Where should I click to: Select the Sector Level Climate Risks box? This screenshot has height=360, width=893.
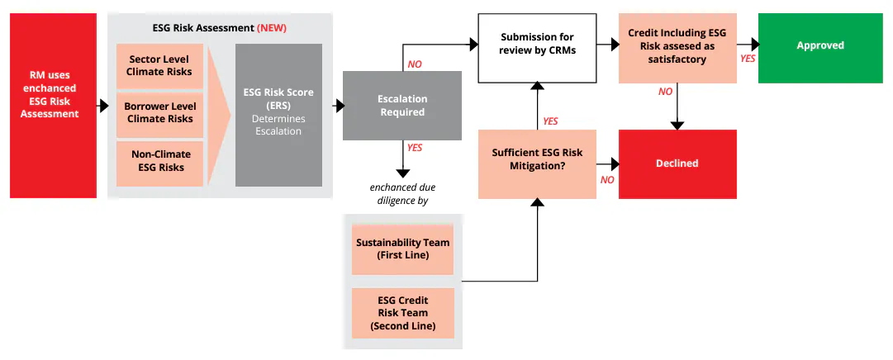coord(159,66)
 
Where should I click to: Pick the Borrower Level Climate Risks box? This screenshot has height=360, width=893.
coord(159,113)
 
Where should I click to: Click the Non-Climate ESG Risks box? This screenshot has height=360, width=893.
coord(159,161)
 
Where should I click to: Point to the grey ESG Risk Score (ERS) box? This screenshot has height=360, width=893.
coord(278,114)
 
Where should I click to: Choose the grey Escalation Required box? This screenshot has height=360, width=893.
coord(401,106)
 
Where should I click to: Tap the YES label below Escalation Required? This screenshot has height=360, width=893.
coord(414,147)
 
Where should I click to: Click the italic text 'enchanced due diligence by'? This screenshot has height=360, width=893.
coord(402,193)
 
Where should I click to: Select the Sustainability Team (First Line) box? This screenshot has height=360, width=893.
coord(402,249)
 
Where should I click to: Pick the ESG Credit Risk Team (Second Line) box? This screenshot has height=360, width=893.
coord(402,313)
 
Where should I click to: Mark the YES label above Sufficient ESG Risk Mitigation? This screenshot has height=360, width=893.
coord(550,121)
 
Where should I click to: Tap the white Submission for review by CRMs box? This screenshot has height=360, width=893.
coord(537,48)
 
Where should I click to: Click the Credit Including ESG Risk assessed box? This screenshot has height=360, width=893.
coord(677,48)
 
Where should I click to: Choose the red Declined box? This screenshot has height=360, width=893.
coord(677,163)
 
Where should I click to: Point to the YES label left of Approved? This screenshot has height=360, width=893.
coord(747,59)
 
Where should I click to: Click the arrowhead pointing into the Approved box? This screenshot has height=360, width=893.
coord(753,45)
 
